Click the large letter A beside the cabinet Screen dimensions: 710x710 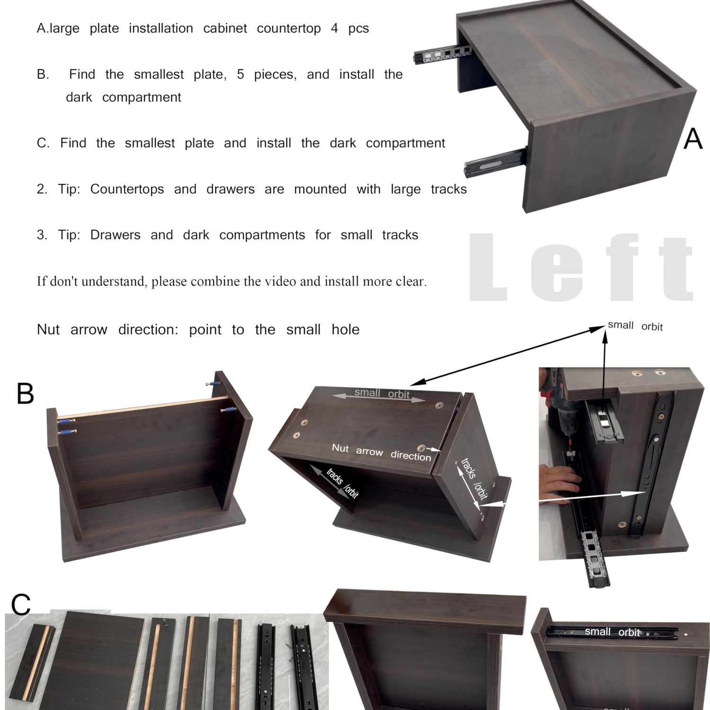[x=693, y=139]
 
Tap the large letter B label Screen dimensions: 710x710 [x=25, y=393]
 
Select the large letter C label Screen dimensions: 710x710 [x=21, y=604]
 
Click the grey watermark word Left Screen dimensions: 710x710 [x=582, y=267]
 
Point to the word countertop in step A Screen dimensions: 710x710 [x=289, y=28]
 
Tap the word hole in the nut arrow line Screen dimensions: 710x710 [x=346, y=329]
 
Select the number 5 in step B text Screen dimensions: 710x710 [x=240, y=74]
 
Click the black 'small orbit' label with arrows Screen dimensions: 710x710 [x=635, y=326]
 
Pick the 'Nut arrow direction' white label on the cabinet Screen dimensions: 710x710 [x=382, y=452]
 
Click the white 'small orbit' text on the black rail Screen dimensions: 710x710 [x=612, y=631]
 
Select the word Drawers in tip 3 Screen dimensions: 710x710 [x=115, y=235]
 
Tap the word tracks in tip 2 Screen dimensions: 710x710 [x=449, y=189]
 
